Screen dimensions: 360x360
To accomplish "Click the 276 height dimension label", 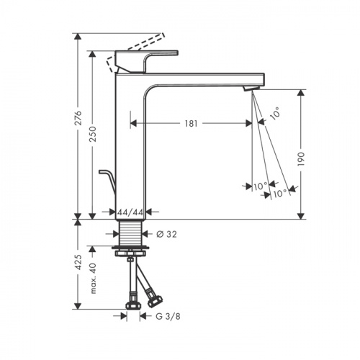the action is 78,118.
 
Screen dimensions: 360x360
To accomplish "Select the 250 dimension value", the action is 93,134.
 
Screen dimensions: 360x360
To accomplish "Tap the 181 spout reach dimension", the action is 192,124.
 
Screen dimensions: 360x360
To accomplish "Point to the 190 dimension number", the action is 301,158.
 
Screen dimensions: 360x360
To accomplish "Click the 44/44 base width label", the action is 130,212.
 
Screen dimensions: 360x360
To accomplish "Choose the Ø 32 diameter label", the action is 166,234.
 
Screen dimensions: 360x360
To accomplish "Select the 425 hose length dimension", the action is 78,262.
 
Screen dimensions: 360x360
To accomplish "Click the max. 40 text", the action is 93,279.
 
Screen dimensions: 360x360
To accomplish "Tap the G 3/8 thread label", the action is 168,316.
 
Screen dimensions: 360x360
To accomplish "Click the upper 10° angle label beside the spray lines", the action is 275,113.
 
